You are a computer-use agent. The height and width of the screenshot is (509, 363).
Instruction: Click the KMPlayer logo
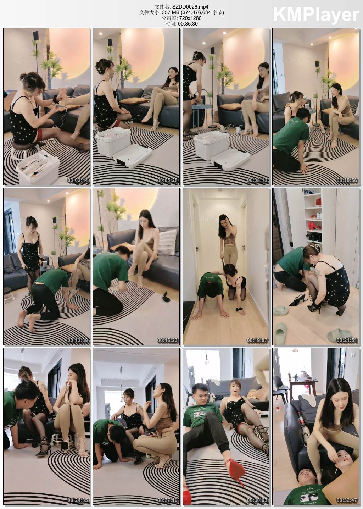(x=315, y=15)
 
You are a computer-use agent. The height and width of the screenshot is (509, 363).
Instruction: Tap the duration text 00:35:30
(x=188, y=24)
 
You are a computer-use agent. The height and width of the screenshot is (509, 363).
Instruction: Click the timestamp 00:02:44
(x=78, y=180)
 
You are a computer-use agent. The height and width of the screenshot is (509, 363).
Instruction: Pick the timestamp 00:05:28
(x=167, y=180)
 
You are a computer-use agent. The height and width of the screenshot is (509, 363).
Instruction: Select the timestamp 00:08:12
(x=257, y=180)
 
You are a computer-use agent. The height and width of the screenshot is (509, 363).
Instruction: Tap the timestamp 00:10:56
(x=347, y=180)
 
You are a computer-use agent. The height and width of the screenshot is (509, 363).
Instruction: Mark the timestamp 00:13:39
(x=78, y=340)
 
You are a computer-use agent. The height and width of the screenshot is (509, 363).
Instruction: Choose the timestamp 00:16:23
(x=167, y=340)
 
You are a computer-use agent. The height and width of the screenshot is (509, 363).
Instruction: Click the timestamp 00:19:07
(x=257, y=340)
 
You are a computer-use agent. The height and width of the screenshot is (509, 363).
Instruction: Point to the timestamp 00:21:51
(x=347, y=340)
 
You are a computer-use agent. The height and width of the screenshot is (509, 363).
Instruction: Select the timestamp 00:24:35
(x=78, y=500)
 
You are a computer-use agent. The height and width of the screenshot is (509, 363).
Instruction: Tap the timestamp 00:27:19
(x=167, y=500)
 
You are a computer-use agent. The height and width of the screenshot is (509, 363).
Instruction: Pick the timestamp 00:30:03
(x=257, y=500)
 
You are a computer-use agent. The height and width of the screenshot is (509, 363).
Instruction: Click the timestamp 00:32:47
(x=347, y=500)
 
